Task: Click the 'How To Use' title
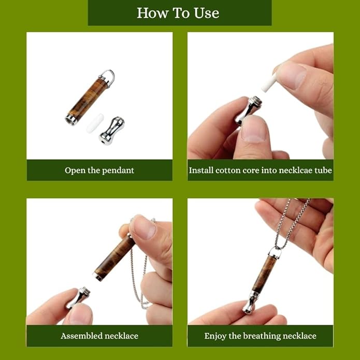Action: point(179,13)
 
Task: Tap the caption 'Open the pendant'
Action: point(99,170)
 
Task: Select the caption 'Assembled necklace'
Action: point(99,336)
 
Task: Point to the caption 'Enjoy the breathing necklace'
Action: point(260,336)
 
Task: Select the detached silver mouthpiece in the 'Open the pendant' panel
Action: point(111,130)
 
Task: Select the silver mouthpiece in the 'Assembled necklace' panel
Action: point(77,298)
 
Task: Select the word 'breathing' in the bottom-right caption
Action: point(261,336)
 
